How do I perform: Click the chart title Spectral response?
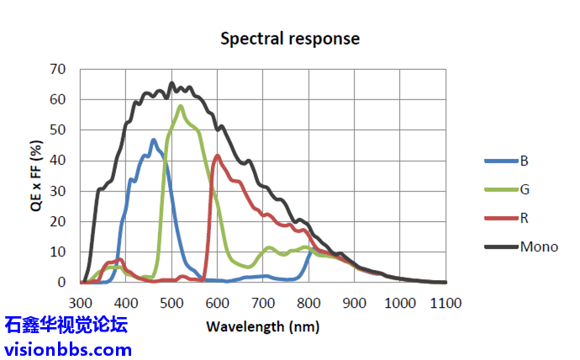[289, 39]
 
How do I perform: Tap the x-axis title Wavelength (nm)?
[262, 326]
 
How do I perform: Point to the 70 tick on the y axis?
[58, 69]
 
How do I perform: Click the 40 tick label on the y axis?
[58, 161]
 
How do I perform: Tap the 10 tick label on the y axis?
[58, 252]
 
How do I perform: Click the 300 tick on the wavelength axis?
[81, 301]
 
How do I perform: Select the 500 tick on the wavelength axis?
[171, 301]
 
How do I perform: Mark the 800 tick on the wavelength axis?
[308, 301]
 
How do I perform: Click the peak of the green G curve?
[181, 106]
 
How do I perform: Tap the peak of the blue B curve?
[153, 140]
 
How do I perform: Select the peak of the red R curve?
[218, 156]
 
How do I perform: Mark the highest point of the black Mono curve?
[171, 82]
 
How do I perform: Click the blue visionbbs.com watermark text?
[68, 348]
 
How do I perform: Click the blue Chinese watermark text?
[66, 325]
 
